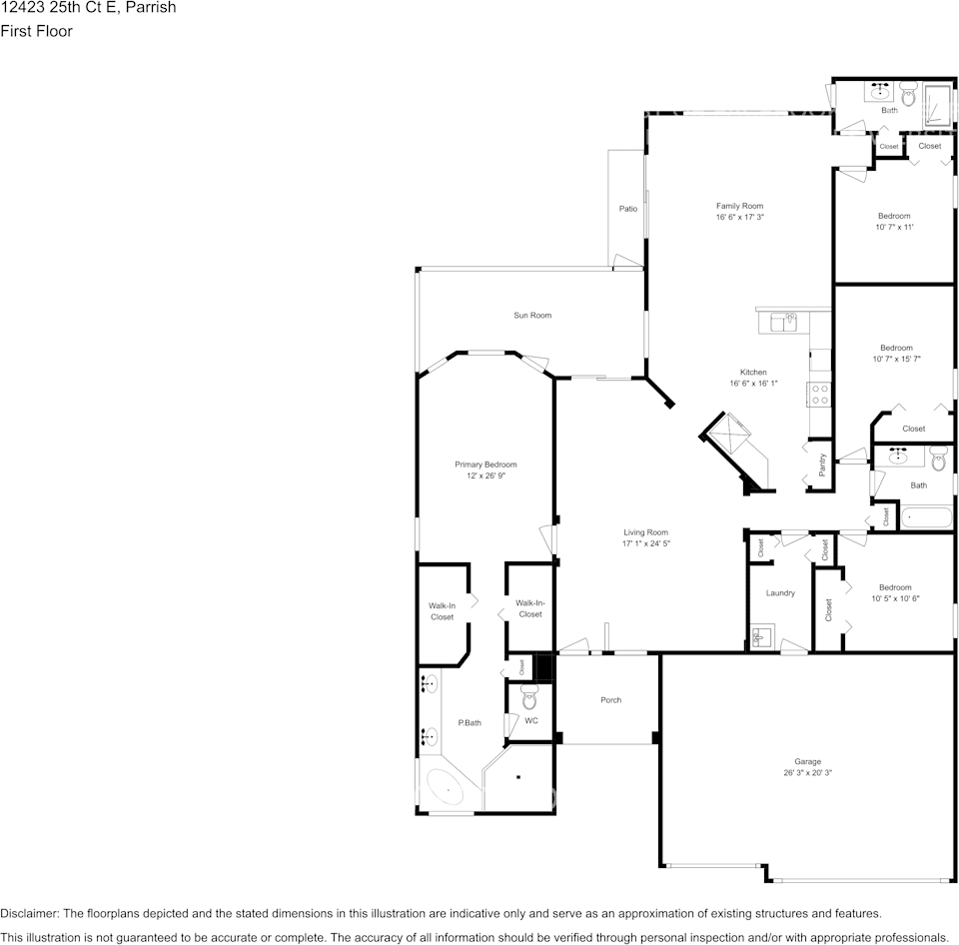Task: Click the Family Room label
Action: pos(739,206)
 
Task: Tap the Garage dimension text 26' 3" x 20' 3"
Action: pos(808,773)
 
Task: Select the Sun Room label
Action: pos(532,316)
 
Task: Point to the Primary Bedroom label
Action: pos(485,465)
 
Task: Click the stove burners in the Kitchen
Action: pos(819,395)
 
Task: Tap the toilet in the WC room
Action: pos(529,700)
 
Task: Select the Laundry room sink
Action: pos(760,635)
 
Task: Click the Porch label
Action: pos(610,700)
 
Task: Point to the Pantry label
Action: pos(821,465)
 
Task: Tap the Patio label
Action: pos(628,209)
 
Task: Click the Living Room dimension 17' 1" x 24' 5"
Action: pos(645,544)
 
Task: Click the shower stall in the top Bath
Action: pos(938,101)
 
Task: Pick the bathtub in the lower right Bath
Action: pos(927,518)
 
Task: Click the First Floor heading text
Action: pos(36,31)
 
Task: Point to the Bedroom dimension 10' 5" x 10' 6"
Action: pos(894,599)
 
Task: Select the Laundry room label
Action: pos(780,593)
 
